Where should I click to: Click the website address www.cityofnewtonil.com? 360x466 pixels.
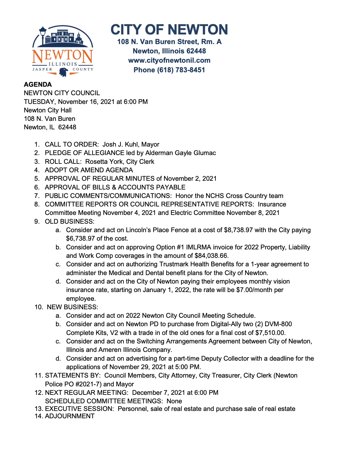coord(169,60)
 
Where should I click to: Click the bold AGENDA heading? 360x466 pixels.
coord(38,84)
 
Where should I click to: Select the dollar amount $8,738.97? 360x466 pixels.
coord(238,230)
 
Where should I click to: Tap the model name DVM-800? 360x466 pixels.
coord(278,324)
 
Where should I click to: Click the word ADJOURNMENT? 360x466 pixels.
coord(70,416)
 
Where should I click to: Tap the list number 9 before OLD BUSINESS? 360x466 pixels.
coord(37,221)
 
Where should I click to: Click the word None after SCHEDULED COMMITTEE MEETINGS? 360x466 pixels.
coord(174,401)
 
